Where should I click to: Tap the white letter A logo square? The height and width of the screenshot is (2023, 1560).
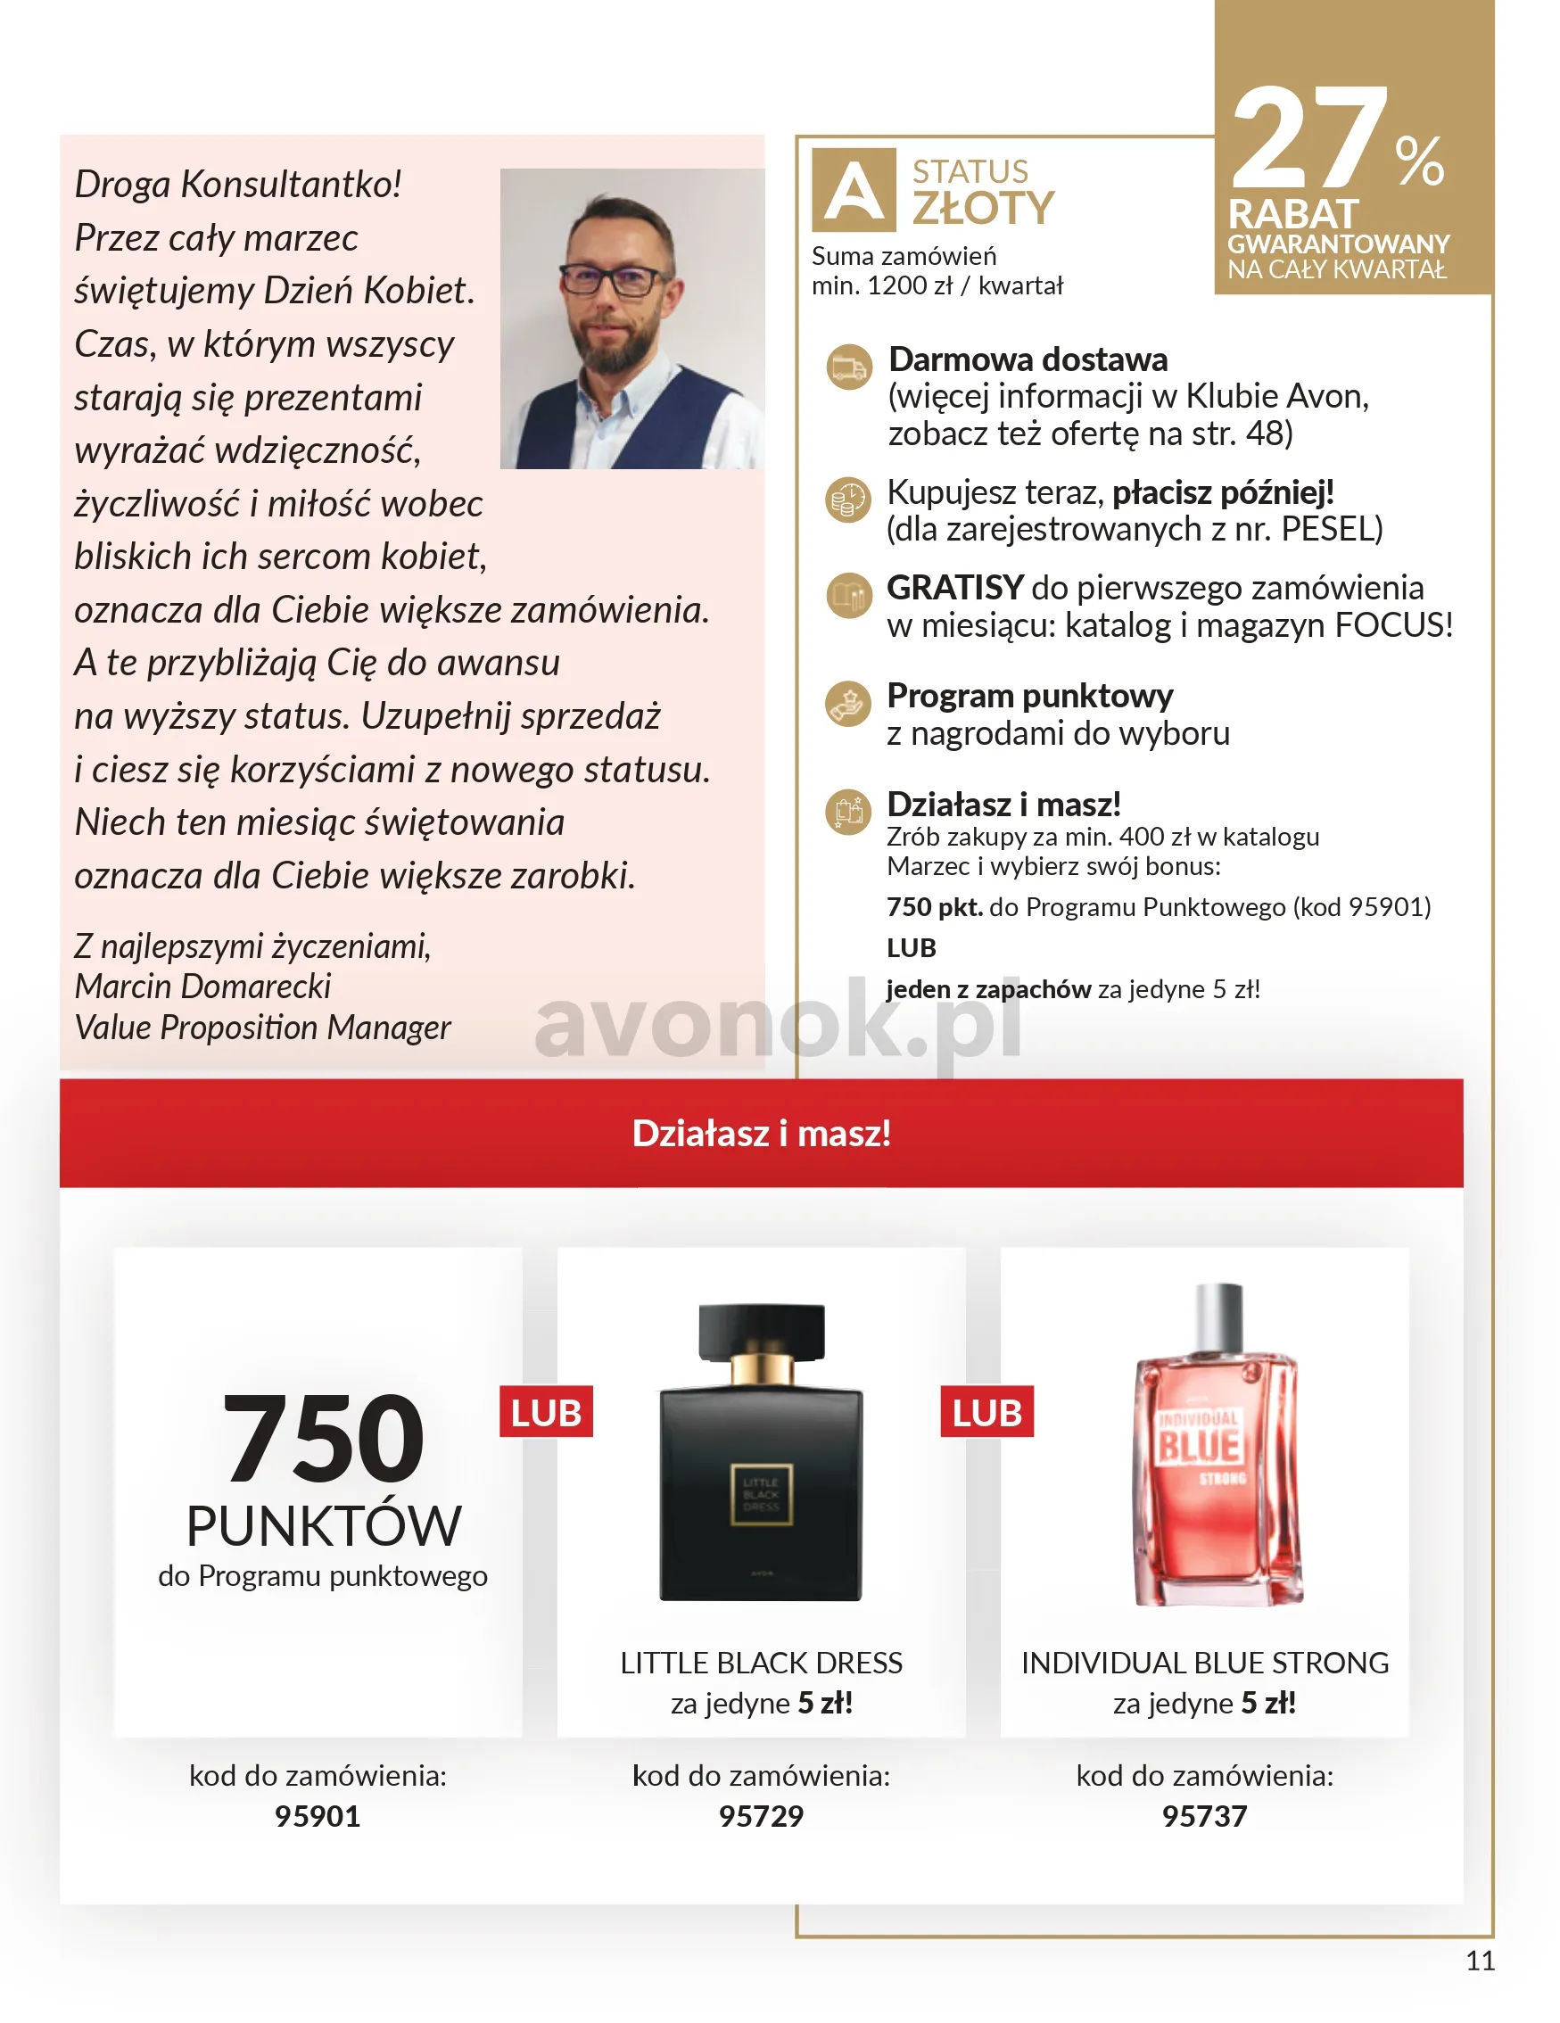[854, 190]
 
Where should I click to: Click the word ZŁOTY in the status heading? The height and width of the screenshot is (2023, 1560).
[983, 208]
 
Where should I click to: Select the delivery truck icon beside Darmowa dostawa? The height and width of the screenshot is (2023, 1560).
[848, 367]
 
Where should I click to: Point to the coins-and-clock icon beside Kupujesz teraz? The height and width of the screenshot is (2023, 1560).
[847, 500]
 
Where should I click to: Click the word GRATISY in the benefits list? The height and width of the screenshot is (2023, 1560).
[954, 587]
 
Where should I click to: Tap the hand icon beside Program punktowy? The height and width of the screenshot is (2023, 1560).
[847, 703]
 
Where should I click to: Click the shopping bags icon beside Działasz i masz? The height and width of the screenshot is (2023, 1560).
[847, 812]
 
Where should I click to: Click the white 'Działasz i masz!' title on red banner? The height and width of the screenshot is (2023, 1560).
[762, 1133]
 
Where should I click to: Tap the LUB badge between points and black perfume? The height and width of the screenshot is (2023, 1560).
[546, 1413]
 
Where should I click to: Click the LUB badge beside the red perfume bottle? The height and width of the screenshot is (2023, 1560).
[986, 1413]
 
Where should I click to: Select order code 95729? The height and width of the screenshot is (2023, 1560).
[761, 1816]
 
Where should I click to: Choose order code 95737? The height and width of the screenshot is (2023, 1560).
[1203, 1816]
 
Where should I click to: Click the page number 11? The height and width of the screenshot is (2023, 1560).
[1480, 1961]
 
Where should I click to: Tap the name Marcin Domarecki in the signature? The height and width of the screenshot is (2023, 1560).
[202, 987]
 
